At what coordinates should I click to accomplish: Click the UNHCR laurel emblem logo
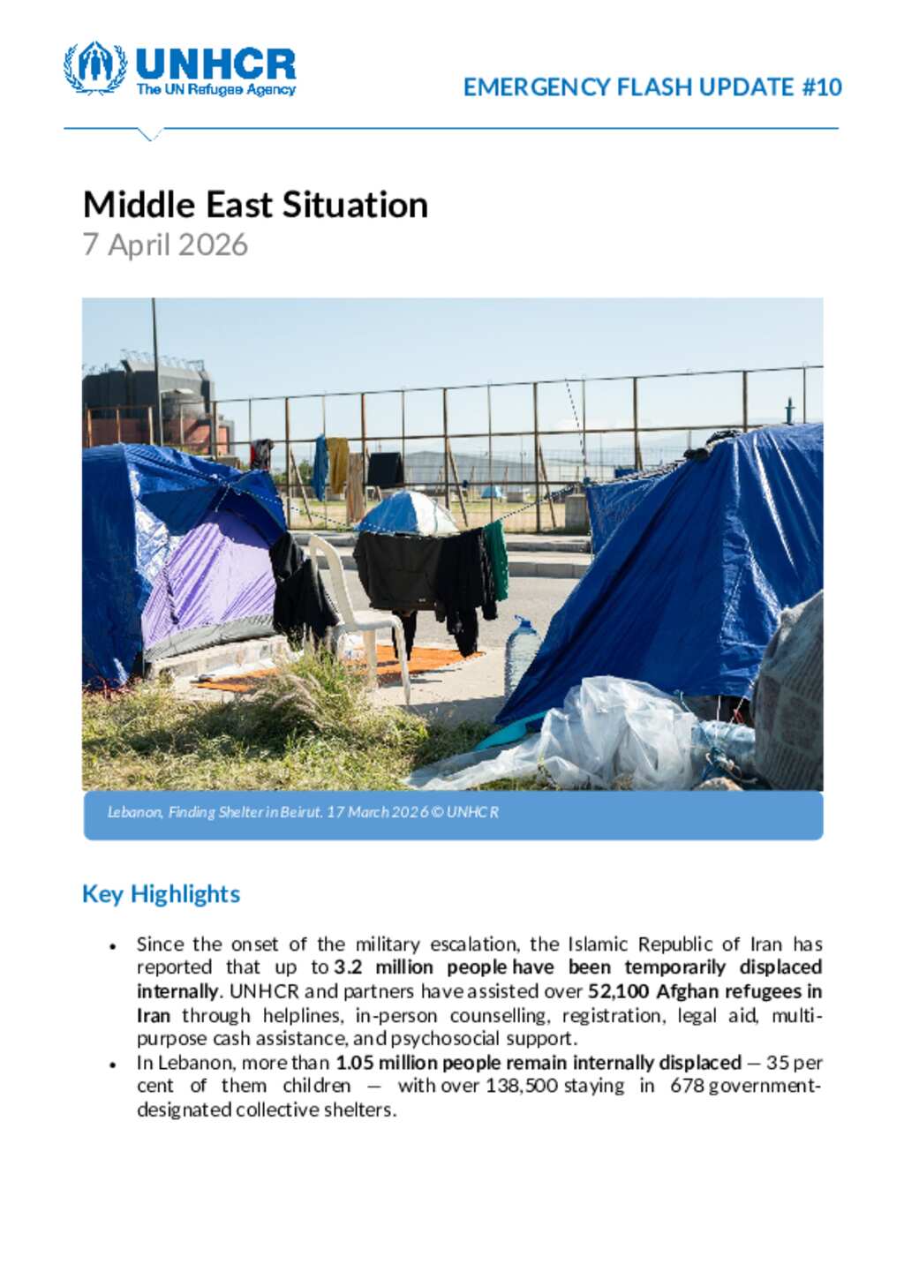(x=94, y=67)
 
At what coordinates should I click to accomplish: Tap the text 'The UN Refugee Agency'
(x=215, y=89)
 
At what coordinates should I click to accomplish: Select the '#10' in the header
(x=822, y=87)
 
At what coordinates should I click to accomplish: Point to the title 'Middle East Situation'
(x=255, y=205)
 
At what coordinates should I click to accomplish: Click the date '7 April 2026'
(x=165, y=245)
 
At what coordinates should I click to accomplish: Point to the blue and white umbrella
(x=407, y=515)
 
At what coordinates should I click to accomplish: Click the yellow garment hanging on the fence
(x=339, y=464)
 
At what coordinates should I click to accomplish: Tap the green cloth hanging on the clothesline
(x=496, y=558)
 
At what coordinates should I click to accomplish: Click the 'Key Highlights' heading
(x=161, y=893)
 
